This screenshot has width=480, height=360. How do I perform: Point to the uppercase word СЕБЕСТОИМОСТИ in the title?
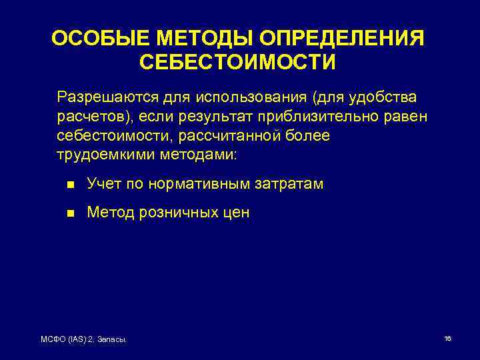pos(238,62)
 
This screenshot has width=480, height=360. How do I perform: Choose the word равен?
pos(406,117)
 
